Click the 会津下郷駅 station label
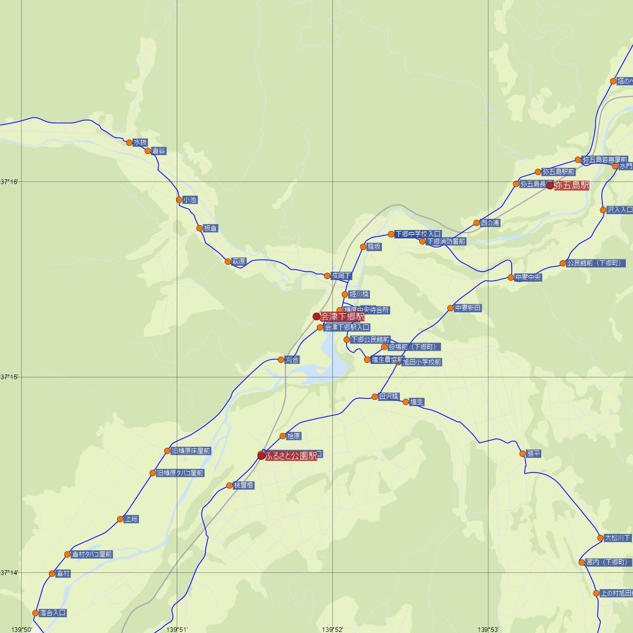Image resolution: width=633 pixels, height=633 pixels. click(x=342, y=316)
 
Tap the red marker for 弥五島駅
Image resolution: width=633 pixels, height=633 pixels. click(x=550, y=186)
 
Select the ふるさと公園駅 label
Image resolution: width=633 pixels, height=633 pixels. click(x=291, y=456)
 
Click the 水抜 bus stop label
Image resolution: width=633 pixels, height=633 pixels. click(x=140, y=142)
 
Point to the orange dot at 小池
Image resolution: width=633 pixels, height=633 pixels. click(x=179, y=200)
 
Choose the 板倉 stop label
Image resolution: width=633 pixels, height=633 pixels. click(x=210, y=228)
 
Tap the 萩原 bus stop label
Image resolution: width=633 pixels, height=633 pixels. click(x=239, y=262)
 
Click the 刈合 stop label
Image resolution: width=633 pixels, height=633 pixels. click(x=292, y=360)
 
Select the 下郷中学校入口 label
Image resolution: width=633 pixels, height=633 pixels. click(x=418, y=234)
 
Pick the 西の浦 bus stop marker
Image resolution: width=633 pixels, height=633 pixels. click(x=476, y=223)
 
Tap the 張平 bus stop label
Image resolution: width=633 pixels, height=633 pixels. click(x=534, y=454)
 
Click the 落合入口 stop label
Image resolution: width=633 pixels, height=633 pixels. click(x=53, y=613)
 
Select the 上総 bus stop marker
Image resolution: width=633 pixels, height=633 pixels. click(x=120, y=519)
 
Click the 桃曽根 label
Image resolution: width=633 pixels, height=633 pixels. click(x=244, y=485)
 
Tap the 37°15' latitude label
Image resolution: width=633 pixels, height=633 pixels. click(x=9, y=377)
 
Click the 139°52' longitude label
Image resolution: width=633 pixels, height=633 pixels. click(x=333, y=629)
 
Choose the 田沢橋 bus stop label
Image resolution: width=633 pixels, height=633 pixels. click(x=389, y=397)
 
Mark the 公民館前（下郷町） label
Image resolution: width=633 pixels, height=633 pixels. click(x=594, y=263)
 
